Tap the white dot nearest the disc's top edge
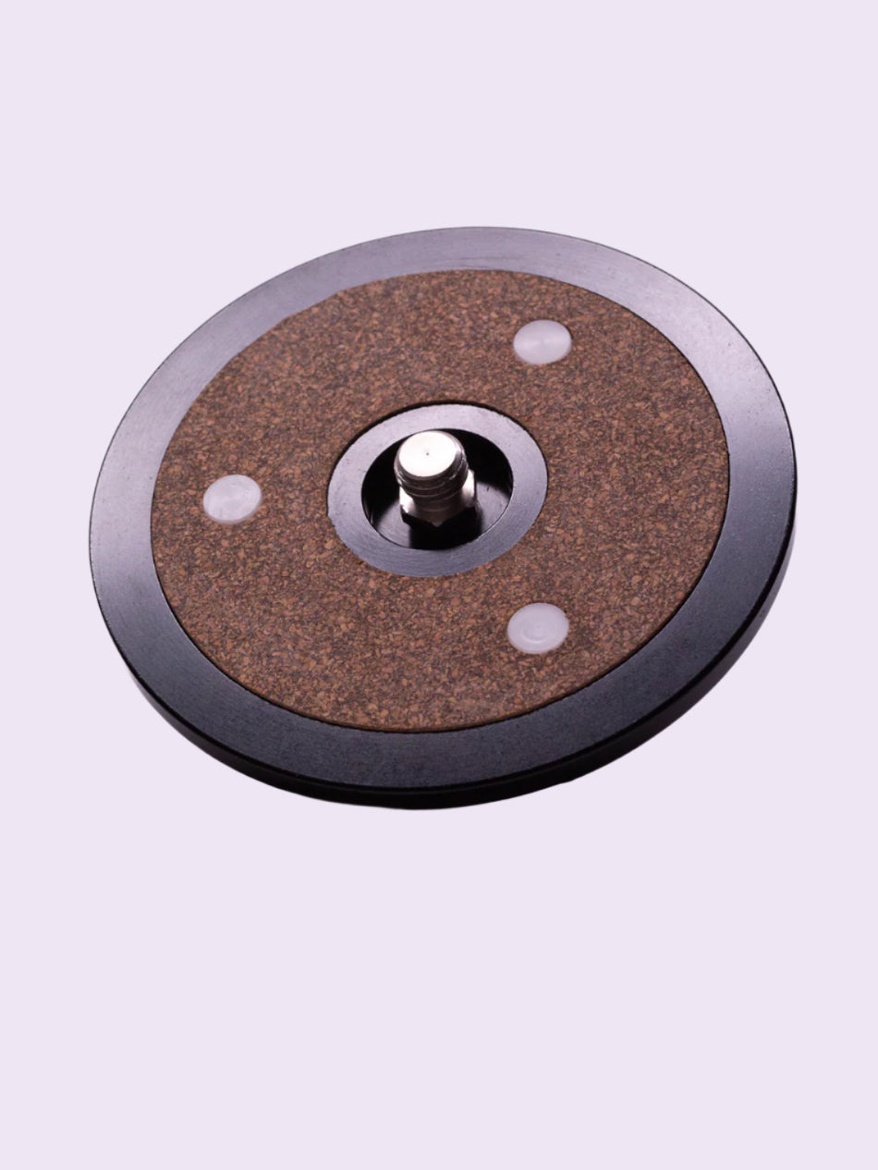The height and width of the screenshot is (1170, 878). tap(542, 342)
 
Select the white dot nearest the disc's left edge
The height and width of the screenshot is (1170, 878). tap(232, 498)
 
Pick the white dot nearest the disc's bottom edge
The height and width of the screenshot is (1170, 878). tap(537, 628)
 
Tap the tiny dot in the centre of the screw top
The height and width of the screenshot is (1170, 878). tap(431, 447)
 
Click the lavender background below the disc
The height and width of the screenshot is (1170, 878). tap(439, 971)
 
